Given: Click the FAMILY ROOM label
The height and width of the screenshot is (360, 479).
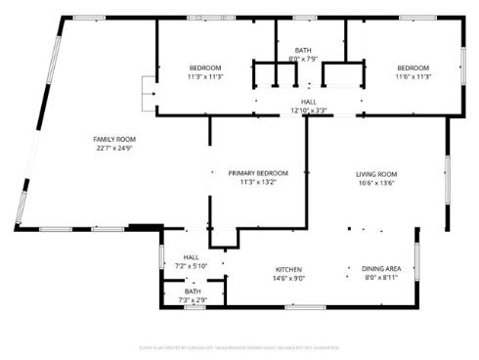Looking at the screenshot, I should click(113, 139).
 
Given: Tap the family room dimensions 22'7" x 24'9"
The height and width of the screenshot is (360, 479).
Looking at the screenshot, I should click(113, 149).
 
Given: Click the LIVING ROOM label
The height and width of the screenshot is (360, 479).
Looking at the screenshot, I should click(375, 174).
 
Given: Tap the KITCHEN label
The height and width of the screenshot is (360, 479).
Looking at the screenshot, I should click(287, 269).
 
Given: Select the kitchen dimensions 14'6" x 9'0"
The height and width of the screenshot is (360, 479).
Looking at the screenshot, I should click(287, 279).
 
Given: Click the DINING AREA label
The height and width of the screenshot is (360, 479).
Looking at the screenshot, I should click(381, 269).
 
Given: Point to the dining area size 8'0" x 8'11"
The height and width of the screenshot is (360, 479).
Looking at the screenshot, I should click(381, 279).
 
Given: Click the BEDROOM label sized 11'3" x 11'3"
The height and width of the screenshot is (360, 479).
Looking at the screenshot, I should click(204, 67).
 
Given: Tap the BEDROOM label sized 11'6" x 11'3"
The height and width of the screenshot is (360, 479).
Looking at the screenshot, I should click(414, 67).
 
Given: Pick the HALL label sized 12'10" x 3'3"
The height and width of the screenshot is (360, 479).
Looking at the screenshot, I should click(308, 101).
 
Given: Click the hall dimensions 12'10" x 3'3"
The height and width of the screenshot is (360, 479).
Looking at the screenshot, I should click(308, 111).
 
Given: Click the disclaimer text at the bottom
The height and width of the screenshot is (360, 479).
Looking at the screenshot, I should click(239, 345).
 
